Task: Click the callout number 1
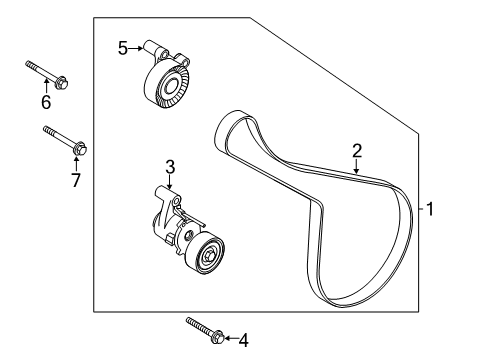pyautogui.click(x=432, y=210)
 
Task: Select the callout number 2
pyautogui.click(x=356, y=151)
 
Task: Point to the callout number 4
pyautogui.click(x=243, y=341)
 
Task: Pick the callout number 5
pyautogui.click(x=122, y=47)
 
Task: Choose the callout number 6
pyautogui.click(x=45, y=102)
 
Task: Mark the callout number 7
pyautogui.click(x=75, y=180)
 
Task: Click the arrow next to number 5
pyautogui.click(x=139, y=47)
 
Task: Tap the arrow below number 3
pyautogui.click(x=170, y=182)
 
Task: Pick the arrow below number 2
pyautogui.click(x=356, y=167)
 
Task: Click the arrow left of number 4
pyautogui.click(x=228, y=340)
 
